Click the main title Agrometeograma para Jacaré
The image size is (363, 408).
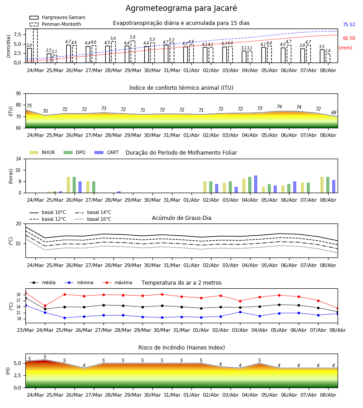(x=181, y=8)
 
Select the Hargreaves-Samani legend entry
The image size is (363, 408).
(x=58, y=17)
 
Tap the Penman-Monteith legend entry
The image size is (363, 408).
(x=55, y=24)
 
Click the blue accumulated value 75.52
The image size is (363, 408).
(x=349, y=25)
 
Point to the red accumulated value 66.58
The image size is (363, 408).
(x=349, y=38)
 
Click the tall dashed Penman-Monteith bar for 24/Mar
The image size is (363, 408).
(x=35, y=46)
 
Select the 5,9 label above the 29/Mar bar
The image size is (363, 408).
(x=132, y=37)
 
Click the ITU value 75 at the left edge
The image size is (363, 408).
(x=29, y=106)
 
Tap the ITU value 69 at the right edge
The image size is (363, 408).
(x=334, y=112)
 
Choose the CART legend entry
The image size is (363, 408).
(x=107, y=152)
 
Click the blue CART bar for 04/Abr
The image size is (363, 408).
(x=256, y=184)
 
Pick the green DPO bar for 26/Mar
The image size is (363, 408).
(x=74, y=185)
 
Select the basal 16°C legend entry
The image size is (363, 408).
(x=93, y=219)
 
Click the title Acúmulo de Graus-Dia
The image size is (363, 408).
(x=181, y=218)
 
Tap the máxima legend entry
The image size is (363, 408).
(x=118, y=282)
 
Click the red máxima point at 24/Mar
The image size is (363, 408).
(x=45, y=306)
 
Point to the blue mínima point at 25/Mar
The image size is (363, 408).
(x=64, y=318)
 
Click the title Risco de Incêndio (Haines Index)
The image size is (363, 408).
(x=181, y=348)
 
